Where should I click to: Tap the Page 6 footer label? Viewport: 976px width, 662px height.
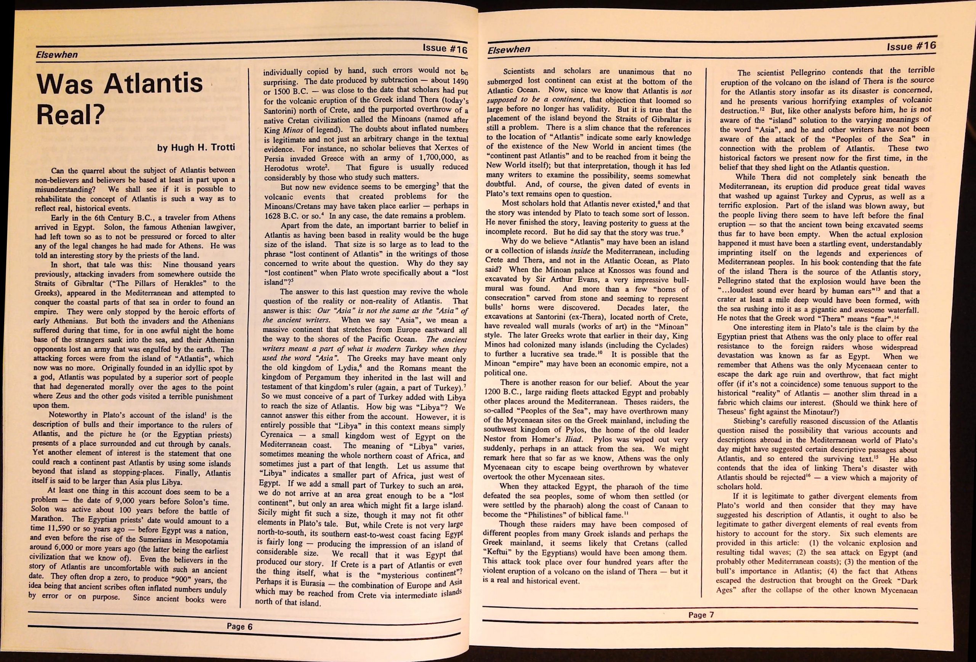click(239, 626)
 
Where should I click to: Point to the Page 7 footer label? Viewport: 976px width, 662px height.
click(701, 615)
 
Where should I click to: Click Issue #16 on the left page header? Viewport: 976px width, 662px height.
click(445, 48)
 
